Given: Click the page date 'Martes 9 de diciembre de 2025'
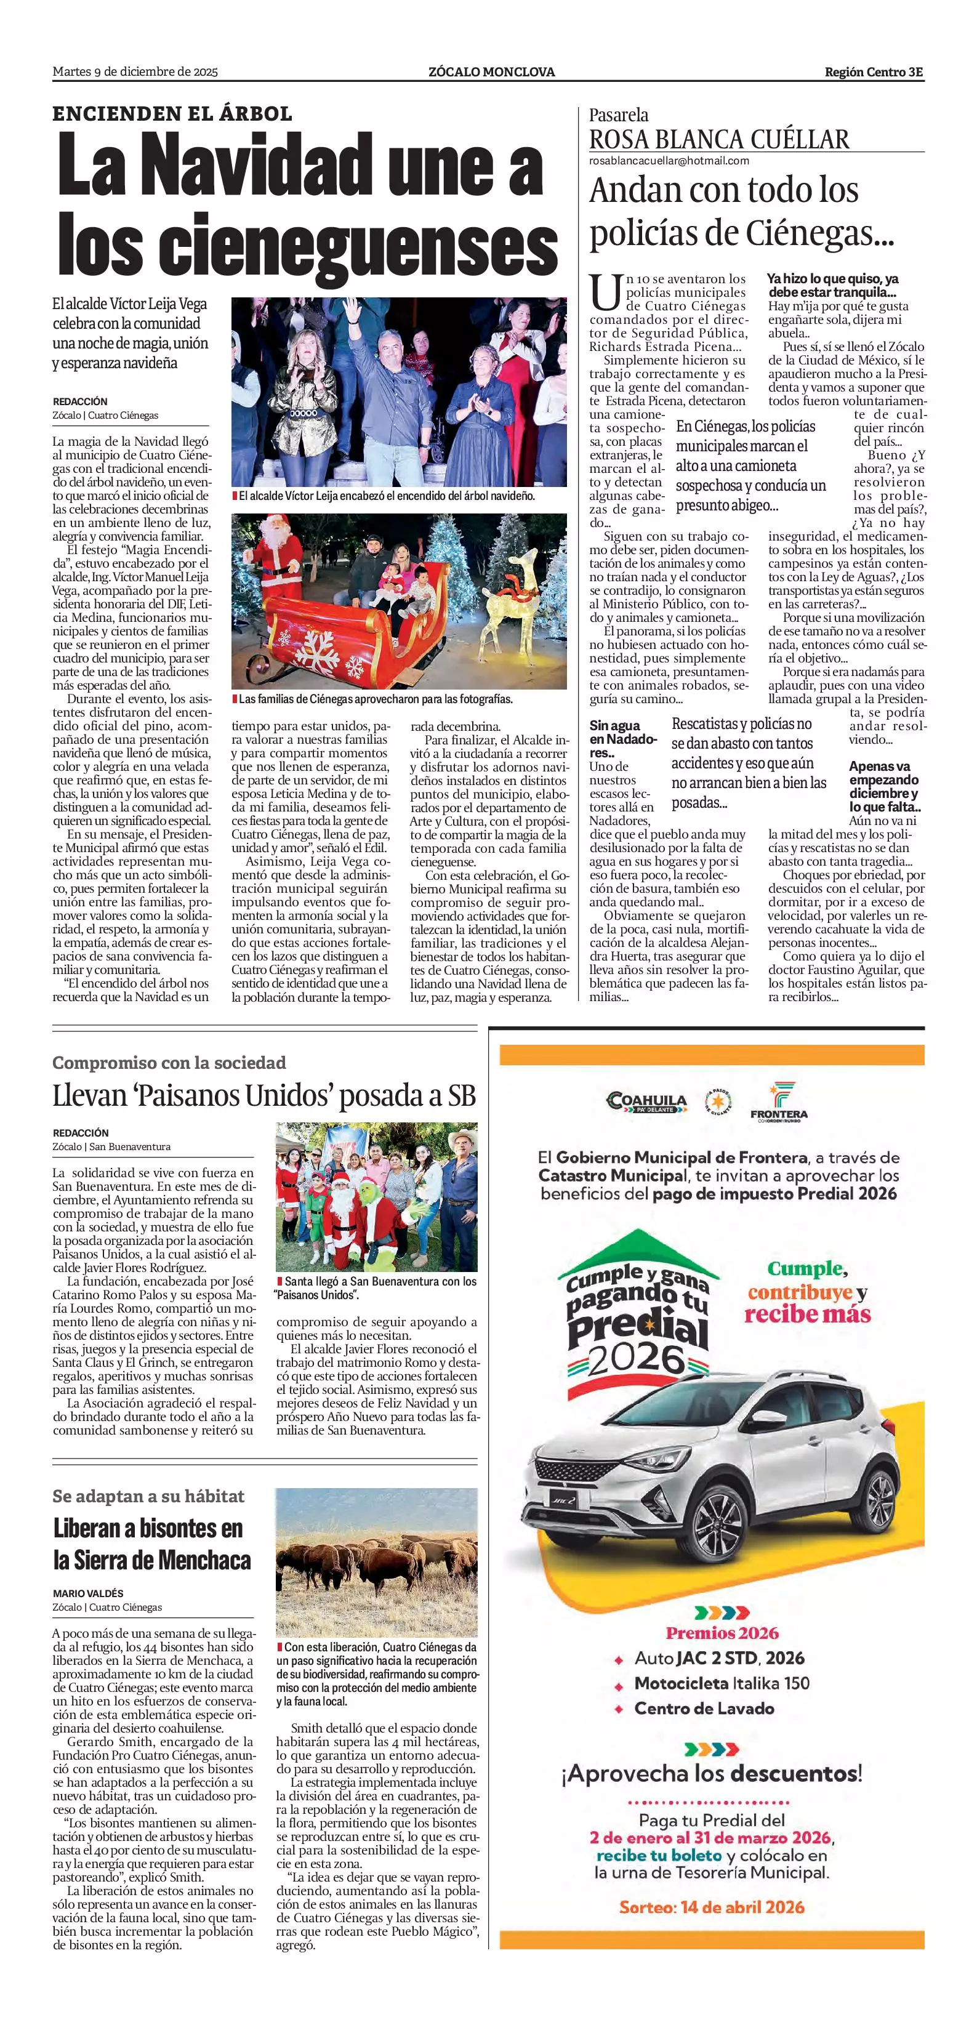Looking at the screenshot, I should point(135,72).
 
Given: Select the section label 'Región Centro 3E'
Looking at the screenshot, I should point(874,72).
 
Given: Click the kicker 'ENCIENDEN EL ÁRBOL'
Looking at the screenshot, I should point(172,113).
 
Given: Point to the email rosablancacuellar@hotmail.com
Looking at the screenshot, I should point(669,161).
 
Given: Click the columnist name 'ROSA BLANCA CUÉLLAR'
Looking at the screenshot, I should point(718,139).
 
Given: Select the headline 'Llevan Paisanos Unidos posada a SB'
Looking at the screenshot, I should point(264,1095).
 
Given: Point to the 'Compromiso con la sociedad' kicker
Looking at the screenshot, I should point(169,1063).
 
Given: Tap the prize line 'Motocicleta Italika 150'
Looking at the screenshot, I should point(721,1683).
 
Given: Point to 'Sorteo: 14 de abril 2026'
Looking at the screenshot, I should point(711,1907).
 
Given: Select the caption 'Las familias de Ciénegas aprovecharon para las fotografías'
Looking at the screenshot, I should point(375,698).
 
